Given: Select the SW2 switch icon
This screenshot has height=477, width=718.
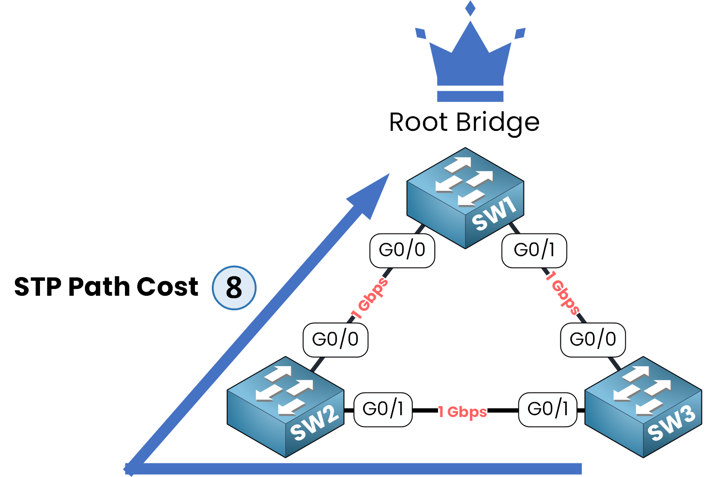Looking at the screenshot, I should click(285, 407).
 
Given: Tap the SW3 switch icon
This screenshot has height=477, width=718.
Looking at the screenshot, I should click(643, 407).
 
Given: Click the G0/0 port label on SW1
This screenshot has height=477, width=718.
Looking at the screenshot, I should click(402, 250).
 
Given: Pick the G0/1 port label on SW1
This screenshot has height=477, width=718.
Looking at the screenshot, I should click(534, 250).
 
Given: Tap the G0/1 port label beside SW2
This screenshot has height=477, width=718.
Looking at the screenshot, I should click(383, 409).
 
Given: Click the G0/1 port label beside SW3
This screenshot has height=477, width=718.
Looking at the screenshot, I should click(548, 409).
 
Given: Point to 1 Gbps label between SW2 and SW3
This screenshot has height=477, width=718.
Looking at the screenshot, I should click(463, 412).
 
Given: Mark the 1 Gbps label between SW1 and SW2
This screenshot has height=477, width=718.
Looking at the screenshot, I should click(369, 299).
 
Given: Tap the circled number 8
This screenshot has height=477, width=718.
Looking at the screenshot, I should click(234, 288).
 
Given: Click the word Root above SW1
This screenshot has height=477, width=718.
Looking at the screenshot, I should click(419, 123).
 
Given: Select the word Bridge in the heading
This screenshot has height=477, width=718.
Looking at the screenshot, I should click(498, 123).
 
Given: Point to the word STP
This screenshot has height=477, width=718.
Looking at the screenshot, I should click(38, 287).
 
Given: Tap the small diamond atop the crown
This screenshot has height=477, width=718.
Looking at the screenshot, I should click(470, 8).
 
